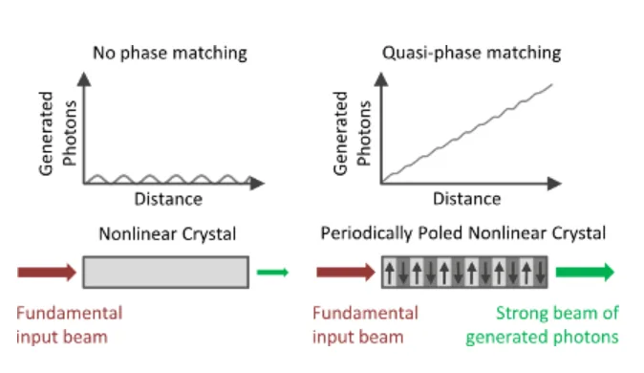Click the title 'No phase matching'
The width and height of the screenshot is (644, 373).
pyautogui.click(x=170, y=54)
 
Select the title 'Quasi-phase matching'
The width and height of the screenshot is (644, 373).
pyautogui.click(x=471, y=54)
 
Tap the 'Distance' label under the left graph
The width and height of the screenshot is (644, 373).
pyautogui.click(x=168, y=200)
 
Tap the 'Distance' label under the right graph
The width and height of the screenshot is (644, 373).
pyautogui.click(x=467, y=199)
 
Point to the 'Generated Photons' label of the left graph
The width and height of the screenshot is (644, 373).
pyautogui.click(x=57, y=133)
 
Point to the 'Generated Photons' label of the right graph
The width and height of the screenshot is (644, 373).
pyautogui.click(x=352, y=133)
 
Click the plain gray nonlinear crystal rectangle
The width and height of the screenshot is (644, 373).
pyautogui.click(x=166, y=273)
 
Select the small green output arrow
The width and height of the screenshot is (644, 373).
pyautogui.click(x=272, y=273)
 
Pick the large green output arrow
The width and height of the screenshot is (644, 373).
pyautogui.click(x=585, y=273)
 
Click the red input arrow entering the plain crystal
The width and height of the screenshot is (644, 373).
pyautogui.click(x=47, y=273)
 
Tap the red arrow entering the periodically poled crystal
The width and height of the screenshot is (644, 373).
pyautogui.click(x=346, y=273)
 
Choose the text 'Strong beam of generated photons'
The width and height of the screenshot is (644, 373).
pyautogui.click(x=542, y=325)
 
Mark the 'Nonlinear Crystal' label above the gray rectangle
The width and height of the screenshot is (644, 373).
pyautogui.click(x=167, y=234)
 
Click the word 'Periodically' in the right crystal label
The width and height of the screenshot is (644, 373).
pyautogui.click(x=366, y=233)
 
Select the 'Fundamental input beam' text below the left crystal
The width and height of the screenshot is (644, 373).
pyautogui.click(x=70, y=325)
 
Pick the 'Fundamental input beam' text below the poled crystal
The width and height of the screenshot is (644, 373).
pyautogui.click(x=366, y=325)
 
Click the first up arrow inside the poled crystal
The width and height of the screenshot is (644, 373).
pyautogui.click(x=390, y=273)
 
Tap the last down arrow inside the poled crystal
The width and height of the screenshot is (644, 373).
pyautogui.click(x=540, y=273)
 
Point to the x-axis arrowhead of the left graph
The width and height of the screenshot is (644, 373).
pyautogui.click(x=257, y=184)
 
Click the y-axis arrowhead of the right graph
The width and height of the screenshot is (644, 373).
pyautogui.click(x=381, y=79)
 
